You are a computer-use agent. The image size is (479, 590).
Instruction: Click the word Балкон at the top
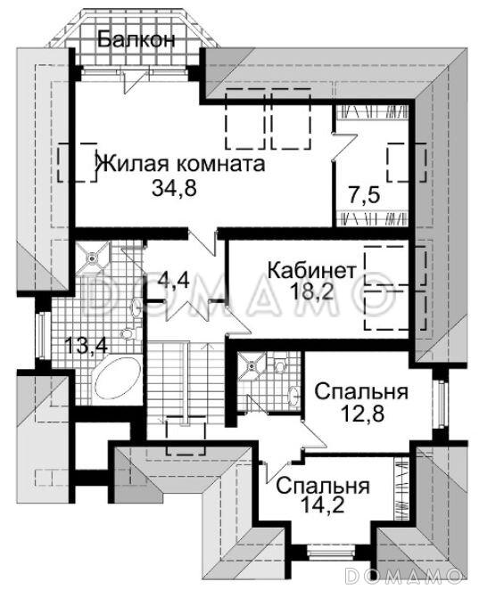click(x=136, y=40)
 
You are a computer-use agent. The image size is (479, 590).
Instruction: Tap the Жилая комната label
click(x=179, y=164)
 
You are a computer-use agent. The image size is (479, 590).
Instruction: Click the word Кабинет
click(x=312, y=268)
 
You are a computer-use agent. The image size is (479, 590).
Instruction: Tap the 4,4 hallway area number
click(x=174, y=281)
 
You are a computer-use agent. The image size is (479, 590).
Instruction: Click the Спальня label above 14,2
click(x=322, y=487)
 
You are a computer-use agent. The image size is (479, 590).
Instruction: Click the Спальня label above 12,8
click(x=360, y=392)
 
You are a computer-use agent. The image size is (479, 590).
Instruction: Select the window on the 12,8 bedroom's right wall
click(x=437, y=402)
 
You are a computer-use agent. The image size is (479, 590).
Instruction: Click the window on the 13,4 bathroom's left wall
click(x=42, y=343)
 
